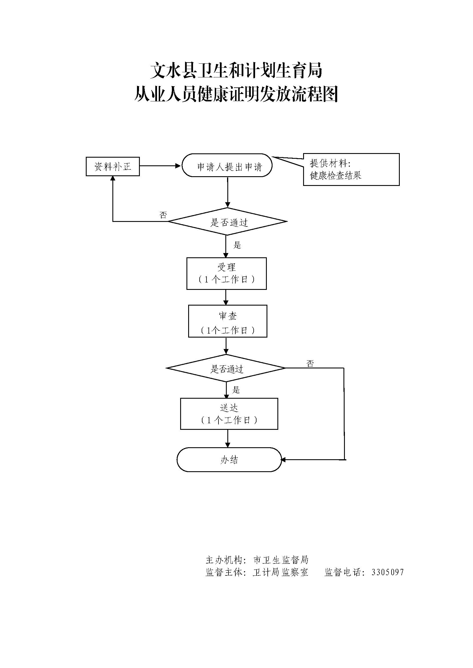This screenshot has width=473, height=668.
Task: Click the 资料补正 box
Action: [112, 167]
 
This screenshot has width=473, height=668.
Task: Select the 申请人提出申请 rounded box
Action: [227, 166]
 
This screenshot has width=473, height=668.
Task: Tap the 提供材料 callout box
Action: [351, 170]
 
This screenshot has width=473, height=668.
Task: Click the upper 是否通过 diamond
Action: [227, 221]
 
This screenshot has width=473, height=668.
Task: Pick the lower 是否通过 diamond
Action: [226, 368]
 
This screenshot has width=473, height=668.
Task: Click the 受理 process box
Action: [226, 274]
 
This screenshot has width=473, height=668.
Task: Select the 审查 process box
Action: [227, 321]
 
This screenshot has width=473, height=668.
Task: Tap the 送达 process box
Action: [229, 414]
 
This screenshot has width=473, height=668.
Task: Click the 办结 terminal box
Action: [229, 460]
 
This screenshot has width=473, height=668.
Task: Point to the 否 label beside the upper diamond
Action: [163, 215]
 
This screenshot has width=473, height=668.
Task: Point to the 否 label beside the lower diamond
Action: [310, 363]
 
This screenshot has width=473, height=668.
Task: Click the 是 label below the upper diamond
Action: [237, 245]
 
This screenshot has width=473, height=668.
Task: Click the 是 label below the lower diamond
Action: [236, 390]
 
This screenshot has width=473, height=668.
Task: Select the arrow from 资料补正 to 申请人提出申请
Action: [160, 166]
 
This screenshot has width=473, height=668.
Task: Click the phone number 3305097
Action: [388, 572]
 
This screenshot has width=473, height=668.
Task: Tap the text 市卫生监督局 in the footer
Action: [281, 560]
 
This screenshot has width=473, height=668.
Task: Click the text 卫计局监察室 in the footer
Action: [281, 572]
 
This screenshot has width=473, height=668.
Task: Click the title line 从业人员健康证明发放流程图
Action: [236, 95]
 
